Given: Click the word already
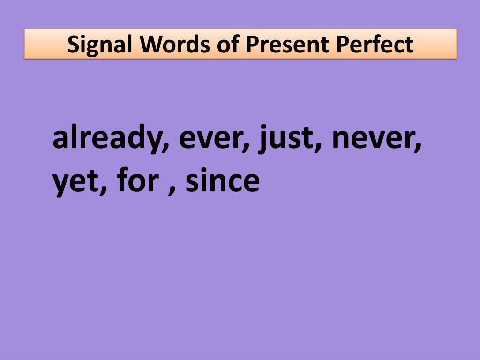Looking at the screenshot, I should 109,139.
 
